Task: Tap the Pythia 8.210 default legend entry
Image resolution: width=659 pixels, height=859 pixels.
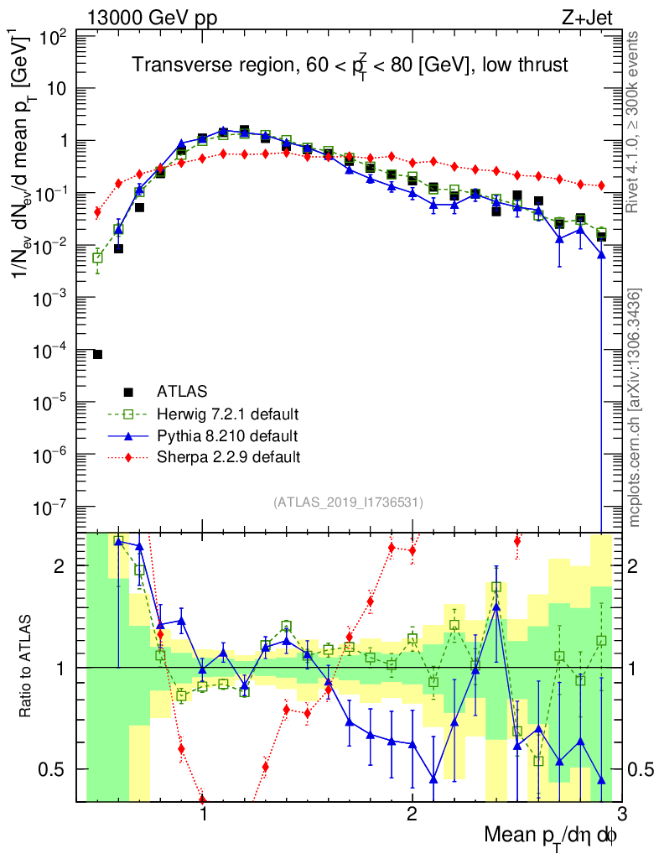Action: tap(227, 435)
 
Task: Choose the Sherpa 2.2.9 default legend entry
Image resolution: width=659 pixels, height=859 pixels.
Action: tap(228, 457)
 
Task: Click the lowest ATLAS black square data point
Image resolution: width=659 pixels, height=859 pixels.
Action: tap(97, 355)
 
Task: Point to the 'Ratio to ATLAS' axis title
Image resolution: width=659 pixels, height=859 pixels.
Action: tap(28, 668)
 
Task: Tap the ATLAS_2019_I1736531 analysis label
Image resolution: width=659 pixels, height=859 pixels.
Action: tap(348, 502)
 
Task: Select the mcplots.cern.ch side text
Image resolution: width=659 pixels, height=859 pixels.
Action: tap(636, 408)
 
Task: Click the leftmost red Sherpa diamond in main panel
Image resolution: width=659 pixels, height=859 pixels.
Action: tap(97, 212)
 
